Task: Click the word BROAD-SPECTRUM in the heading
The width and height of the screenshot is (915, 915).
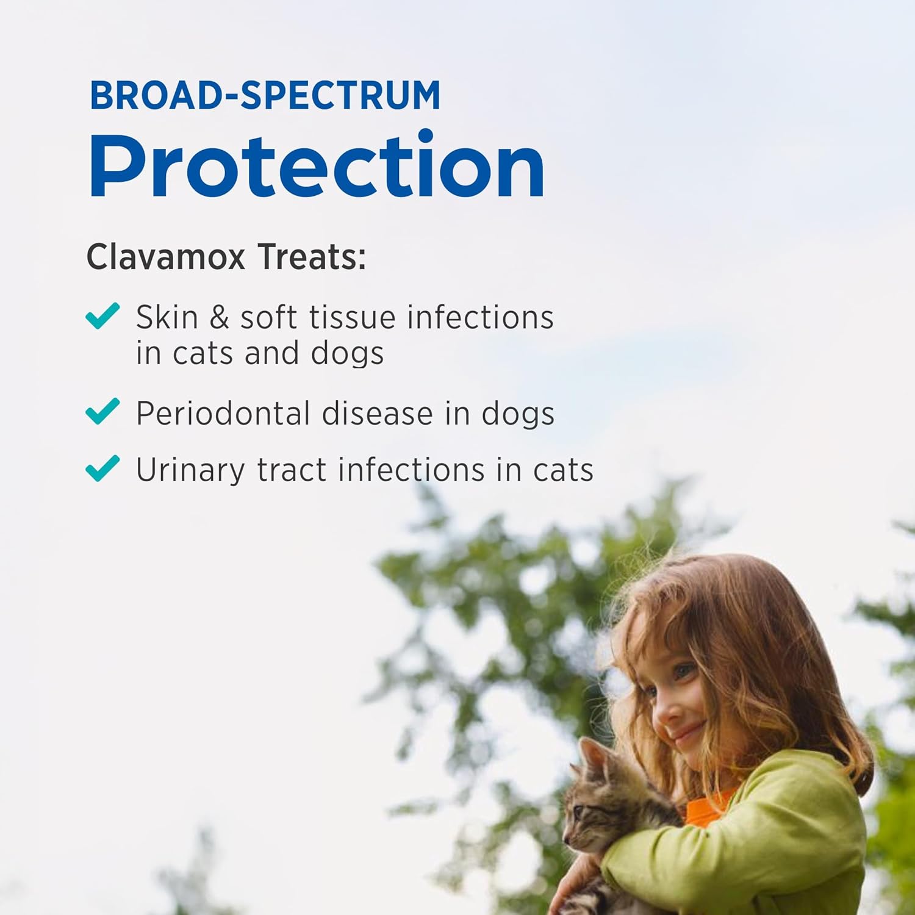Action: pos(265,95)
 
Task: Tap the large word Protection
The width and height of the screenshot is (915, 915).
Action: pos(317,165)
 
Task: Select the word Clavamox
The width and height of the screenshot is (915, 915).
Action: pos(165,257)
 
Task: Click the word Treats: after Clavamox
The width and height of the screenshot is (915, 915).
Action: pos(312,257)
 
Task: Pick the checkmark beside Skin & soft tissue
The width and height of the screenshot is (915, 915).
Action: pos(102,316)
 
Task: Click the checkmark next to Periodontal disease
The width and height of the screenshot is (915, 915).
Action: pos(102,411)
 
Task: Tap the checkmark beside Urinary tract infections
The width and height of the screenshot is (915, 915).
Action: pos(102,468)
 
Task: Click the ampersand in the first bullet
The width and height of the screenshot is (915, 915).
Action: pos(219,318)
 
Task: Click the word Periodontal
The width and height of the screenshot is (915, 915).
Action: pos(223,413)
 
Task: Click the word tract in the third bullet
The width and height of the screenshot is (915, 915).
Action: pos(292,470)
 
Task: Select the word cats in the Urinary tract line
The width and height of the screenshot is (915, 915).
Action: pos(563,470)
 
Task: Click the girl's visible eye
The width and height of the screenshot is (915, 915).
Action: pos(684,672)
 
